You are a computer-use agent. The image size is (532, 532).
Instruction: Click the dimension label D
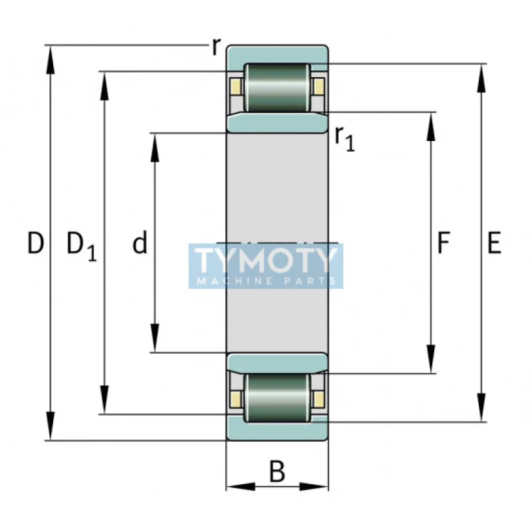(36, 244)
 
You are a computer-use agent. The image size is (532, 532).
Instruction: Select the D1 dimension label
(81, 245)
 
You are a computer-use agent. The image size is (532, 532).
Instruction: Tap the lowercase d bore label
(140, 244)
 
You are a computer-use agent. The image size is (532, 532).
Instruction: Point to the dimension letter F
(443, 244)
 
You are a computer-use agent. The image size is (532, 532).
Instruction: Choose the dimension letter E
(493, 244)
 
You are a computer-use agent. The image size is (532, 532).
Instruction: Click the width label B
(277, 471)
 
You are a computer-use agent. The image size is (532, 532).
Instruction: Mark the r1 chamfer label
(344, 138)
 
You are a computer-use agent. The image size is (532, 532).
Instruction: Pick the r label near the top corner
(215, 47)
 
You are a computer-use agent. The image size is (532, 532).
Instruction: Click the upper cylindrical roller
(277, 88)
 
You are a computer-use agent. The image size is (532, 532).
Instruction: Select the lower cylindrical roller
(277, 397)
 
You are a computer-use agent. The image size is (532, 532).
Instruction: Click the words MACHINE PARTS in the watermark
(266, 281)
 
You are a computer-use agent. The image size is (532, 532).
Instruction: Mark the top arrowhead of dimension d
(154, 142)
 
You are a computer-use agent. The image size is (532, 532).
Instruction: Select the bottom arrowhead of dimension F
(431, 363)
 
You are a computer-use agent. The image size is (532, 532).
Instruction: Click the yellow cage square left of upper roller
(235, 86)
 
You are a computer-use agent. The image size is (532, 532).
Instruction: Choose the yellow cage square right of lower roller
(319, 398)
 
